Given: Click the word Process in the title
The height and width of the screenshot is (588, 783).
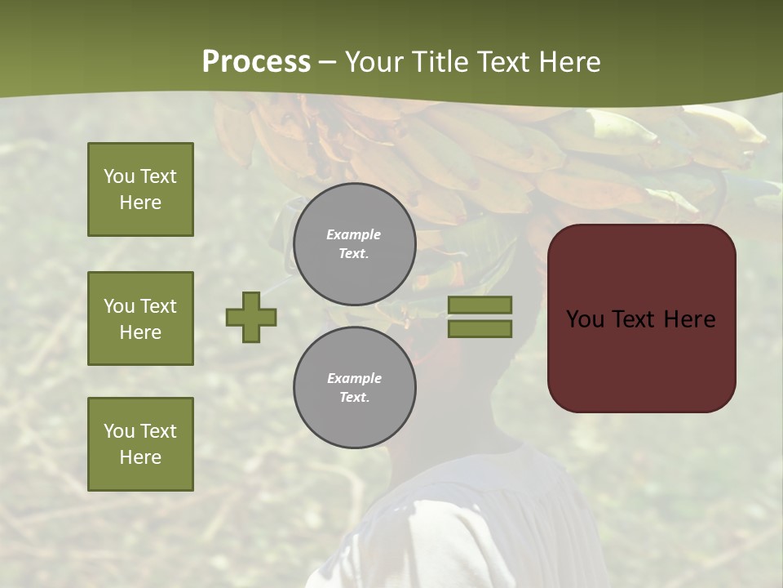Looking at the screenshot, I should pos(256,62).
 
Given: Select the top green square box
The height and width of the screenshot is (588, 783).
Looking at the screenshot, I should pos(140,189).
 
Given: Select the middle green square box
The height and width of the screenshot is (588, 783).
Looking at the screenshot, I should pos(140,318).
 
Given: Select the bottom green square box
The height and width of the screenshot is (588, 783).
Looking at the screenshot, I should pos(140,444).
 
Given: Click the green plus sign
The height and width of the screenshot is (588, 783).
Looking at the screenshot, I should pos(251,317).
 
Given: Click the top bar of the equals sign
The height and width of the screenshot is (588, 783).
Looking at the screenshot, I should pos(480,305).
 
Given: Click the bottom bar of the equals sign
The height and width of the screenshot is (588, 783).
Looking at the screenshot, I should pos(480,329).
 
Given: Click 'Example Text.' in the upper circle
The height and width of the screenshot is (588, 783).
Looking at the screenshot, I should pos(354,243).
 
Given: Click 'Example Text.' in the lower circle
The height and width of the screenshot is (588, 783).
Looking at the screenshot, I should pos(354,387).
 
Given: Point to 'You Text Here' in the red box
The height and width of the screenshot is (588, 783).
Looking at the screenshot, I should pos(640,319).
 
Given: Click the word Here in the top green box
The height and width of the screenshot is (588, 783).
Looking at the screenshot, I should pos(140,203).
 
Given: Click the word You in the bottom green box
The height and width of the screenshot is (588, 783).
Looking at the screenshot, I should pos(119,431).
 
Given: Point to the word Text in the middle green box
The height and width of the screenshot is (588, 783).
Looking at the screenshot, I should pos(157,306).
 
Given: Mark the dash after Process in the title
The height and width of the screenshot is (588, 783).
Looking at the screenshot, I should pos(328,63).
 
